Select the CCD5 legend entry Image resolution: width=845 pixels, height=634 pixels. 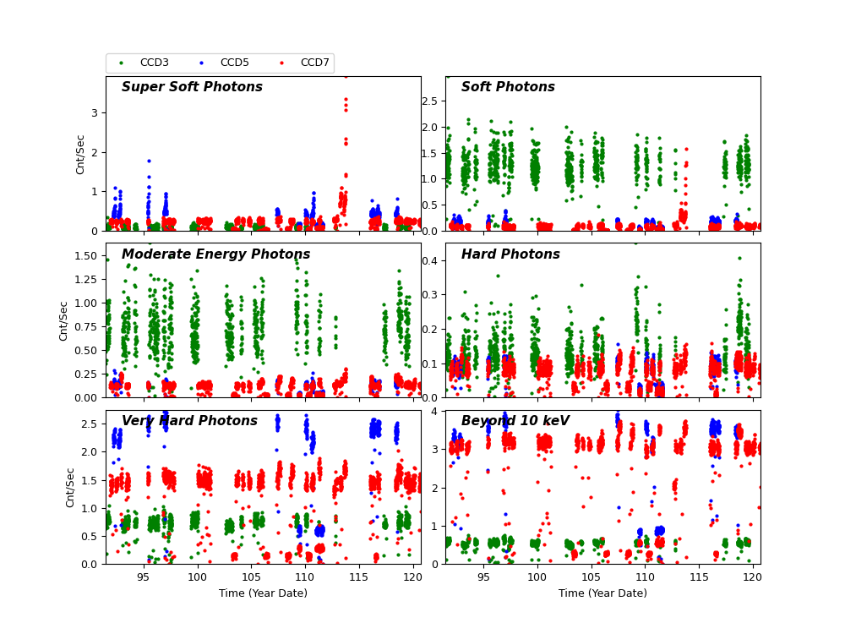(x=234, y=63)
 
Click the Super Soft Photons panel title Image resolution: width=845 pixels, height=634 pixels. (x=192, y=87)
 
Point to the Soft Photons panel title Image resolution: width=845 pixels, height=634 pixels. (x=508, y=87)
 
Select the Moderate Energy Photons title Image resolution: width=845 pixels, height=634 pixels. (x=215, y=254)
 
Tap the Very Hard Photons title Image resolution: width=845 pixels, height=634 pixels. (x=189, y=421)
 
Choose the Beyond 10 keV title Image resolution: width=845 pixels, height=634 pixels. (x=515, y=421)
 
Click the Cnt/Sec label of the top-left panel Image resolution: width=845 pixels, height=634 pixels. (x=81, y=154)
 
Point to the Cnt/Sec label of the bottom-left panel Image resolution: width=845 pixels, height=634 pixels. (x=71, y=487)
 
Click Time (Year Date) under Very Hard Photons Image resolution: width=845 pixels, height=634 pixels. (x=263, y=593)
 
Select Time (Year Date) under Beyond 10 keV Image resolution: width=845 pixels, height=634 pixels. (x=602, y=593)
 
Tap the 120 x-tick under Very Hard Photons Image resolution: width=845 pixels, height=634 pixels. (x=413, y=577)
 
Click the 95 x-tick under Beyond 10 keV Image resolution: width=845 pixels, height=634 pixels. (x=483, y=577)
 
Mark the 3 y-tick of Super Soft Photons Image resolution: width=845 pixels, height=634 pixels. (x=95, y=112)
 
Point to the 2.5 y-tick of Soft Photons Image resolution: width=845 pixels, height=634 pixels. (x=428, y=101)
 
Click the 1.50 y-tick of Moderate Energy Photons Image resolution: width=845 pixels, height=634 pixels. (x=85, y=255)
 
